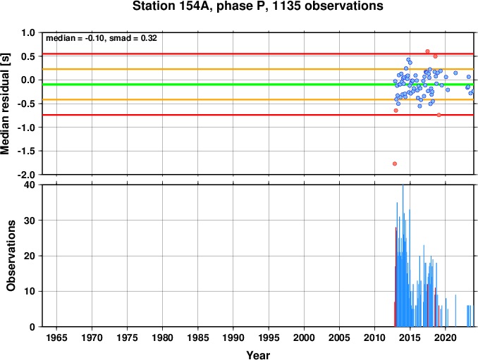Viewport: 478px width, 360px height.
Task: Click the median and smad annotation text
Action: (102, 38)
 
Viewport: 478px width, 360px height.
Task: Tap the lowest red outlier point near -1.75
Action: (395, 163)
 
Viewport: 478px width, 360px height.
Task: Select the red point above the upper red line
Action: (427, 51)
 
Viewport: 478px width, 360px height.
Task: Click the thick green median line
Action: (258, 85)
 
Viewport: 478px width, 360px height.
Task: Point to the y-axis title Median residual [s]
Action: (6, 104)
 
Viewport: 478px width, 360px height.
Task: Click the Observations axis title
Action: (11, 256)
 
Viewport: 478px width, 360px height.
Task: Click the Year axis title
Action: (258, 355)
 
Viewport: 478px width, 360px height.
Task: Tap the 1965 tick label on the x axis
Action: (56, 337)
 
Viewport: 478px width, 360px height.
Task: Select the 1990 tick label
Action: (233, 337)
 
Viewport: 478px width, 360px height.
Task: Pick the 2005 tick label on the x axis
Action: (339, 337)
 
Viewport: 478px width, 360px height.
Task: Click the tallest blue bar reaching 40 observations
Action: (403, 256)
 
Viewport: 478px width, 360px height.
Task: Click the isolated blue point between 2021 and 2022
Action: (455, 73)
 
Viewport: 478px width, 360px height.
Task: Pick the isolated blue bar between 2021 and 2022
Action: (455, 311)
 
